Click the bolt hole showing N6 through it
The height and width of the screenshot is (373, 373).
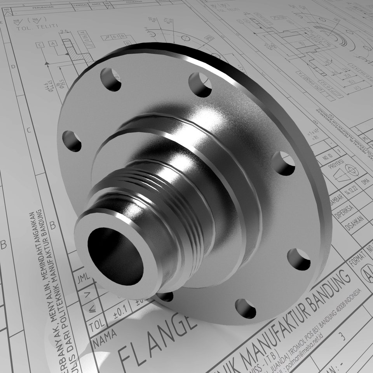(x=111, y=80)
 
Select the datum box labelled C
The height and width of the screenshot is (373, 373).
(x=40, y=45)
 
